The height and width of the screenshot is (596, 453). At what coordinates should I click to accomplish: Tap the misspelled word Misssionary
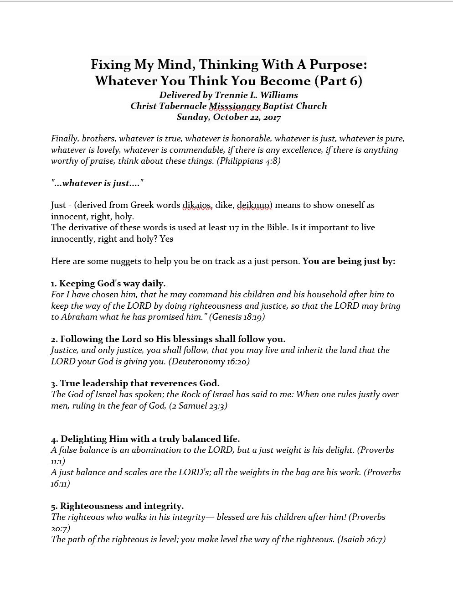click(235, 106)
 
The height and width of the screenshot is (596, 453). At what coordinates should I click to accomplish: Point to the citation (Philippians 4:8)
click(250, 161)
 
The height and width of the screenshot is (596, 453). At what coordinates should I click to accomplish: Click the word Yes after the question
click(166, 239)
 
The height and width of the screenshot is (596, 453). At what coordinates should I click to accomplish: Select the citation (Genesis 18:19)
click(237, 317)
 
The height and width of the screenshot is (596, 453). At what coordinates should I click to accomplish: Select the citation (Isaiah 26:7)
click(361, 539)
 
